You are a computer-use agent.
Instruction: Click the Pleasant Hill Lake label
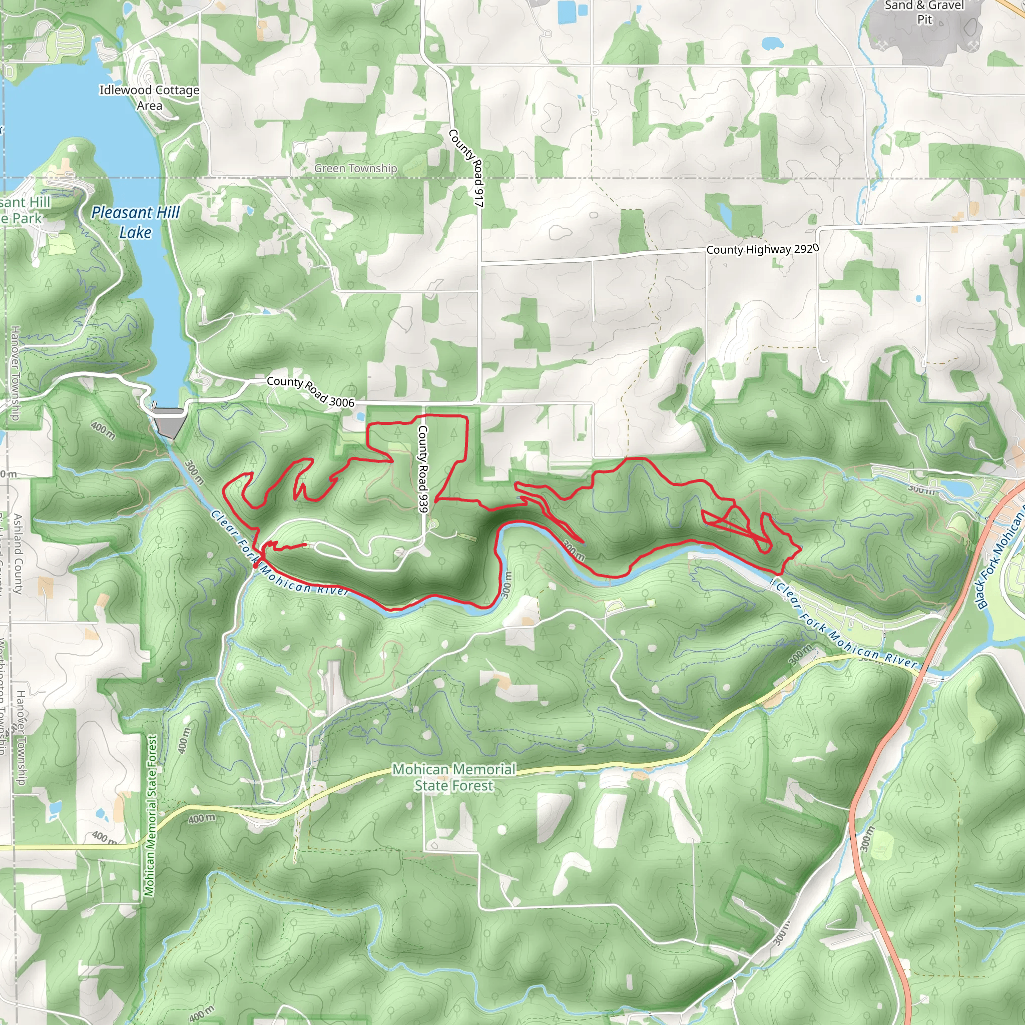(x=135, y=222)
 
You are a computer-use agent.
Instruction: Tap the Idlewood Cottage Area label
(x=149, y=98)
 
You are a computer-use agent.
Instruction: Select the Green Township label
(x=355, y=168)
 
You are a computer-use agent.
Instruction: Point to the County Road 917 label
(x=466, y=168)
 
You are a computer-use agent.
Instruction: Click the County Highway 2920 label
(x=762, y=249)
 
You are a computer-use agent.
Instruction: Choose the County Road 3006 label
(x=310, y=391)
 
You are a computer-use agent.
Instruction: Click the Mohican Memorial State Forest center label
(x=453, y=777)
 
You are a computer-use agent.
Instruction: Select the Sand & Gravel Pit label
(x=924, y=12)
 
